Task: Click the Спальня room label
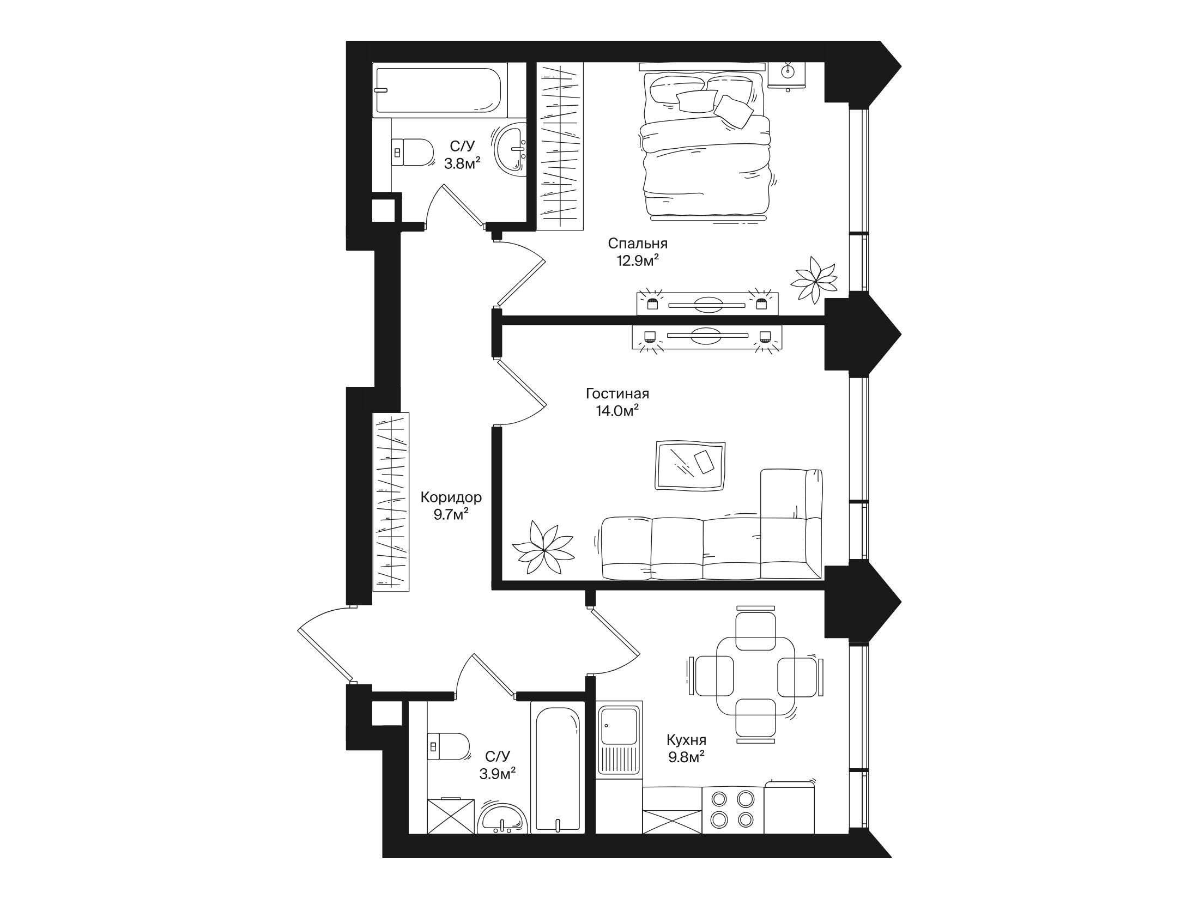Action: [638, 243]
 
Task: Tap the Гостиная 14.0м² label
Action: [617, 402]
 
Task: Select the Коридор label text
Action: [451, 497]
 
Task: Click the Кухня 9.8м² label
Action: [686, 748]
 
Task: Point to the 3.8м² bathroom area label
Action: [462, 163]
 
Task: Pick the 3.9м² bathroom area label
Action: [498, 773]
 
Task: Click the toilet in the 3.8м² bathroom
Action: [412, 153]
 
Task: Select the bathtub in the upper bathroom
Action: [440, 89]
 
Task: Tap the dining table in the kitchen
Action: [755, 676]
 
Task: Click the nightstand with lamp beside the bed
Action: [787, 75]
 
